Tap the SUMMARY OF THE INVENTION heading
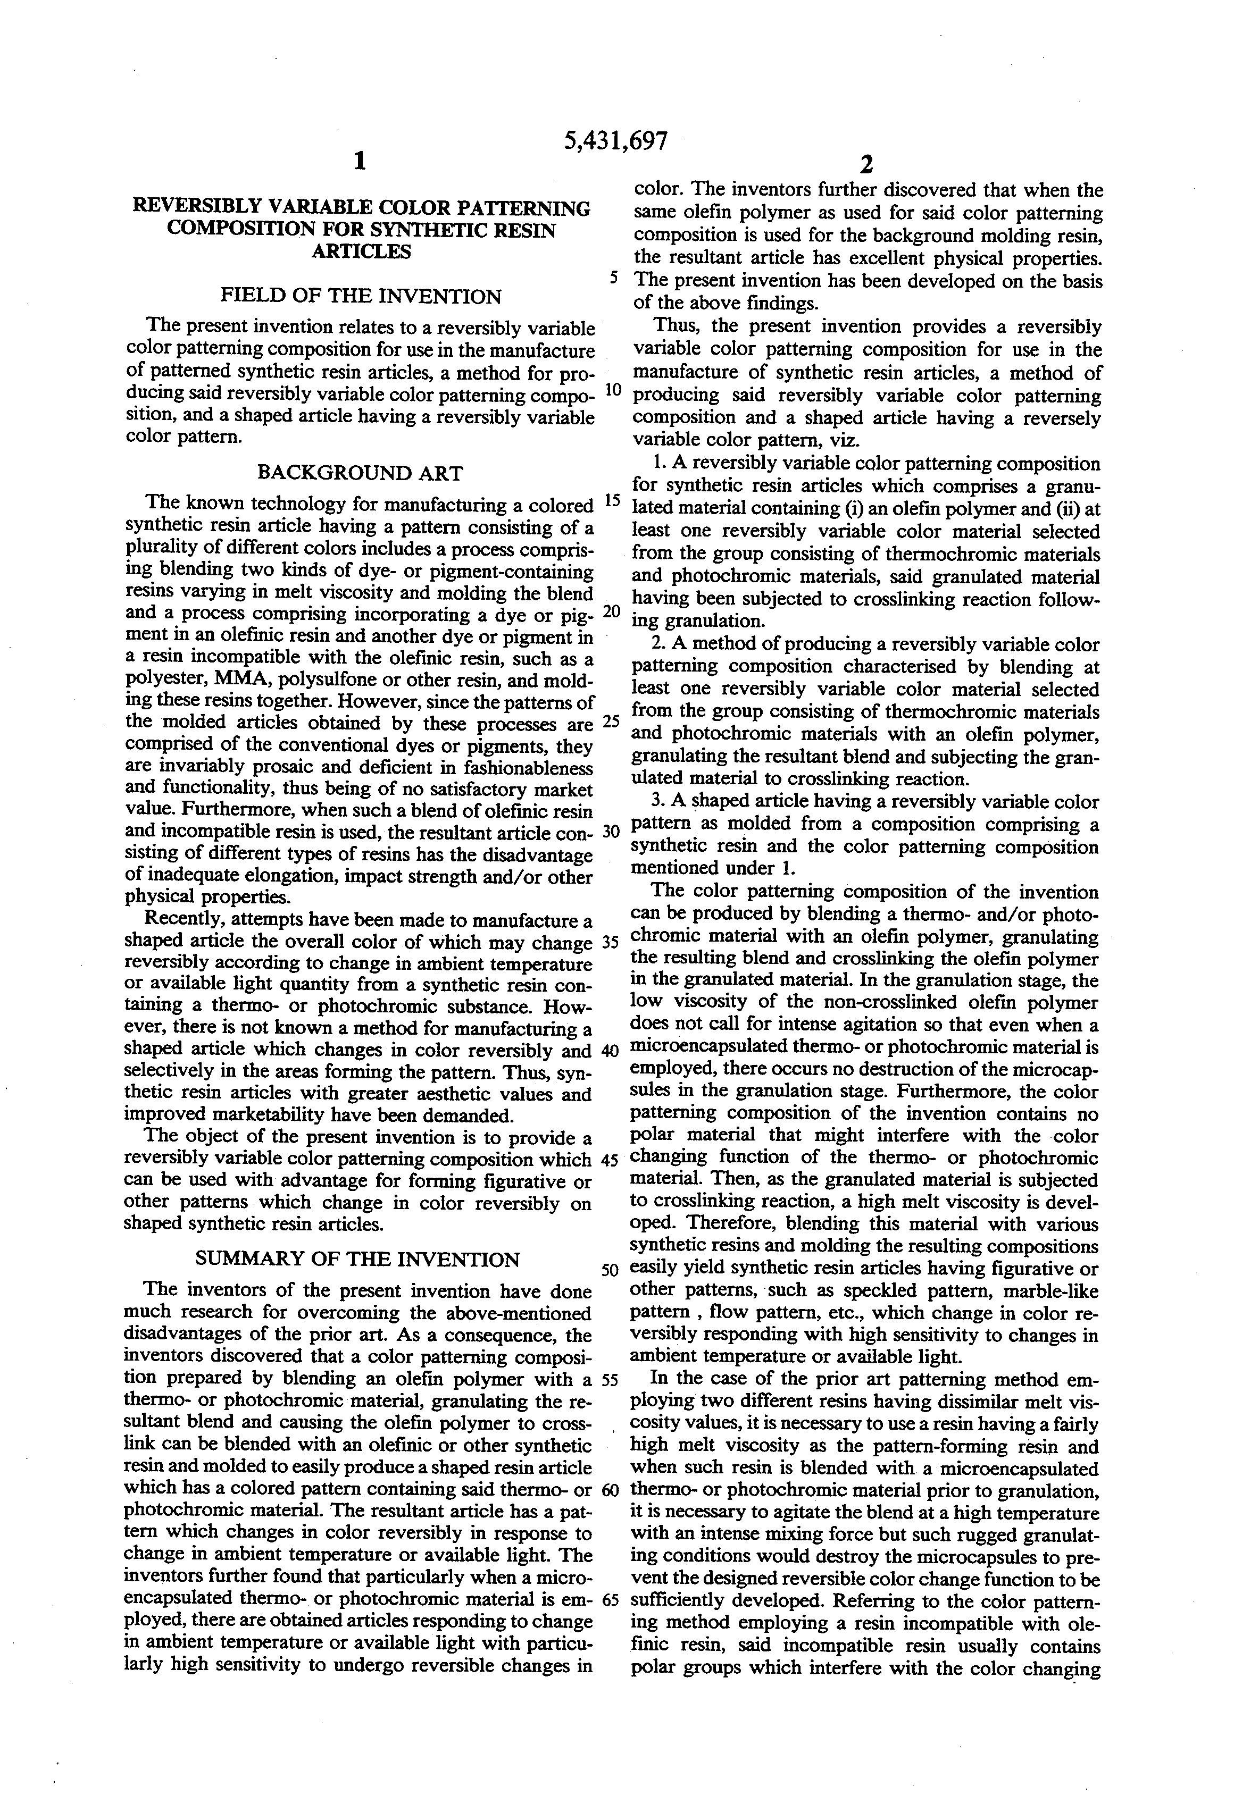tap(357, 1259)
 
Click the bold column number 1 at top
tap(359, 162)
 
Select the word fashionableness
tap(520, 767)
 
